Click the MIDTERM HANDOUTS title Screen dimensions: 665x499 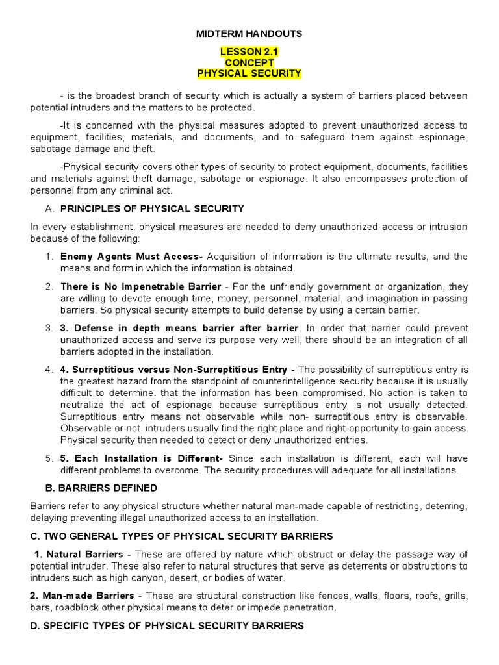[x=249, y=34]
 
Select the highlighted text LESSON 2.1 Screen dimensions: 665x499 [x=249, y=51]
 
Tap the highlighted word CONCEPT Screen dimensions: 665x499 [x=249, y=62]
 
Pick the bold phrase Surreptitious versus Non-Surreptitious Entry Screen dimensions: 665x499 [x=175, y=370]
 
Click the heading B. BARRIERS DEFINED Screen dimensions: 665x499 [x=94, y=488]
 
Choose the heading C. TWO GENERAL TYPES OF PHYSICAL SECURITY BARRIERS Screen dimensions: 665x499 [x=181, y=536]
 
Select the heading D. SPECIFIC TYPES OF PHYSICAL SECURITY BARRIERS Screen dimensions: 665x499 [x=167, y=625]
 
